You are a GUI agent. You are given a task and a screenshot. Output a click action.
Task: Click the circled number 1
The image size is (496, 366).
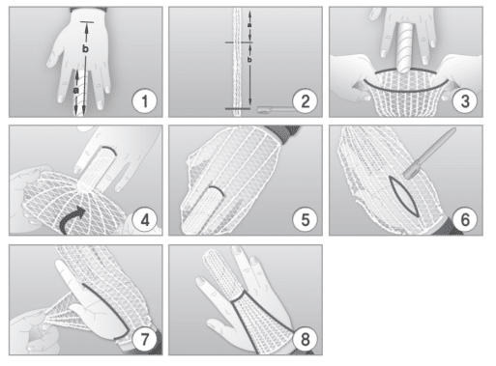144,101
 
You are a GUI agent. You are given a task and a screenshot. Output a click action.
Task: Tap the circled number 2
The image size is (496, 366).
305,101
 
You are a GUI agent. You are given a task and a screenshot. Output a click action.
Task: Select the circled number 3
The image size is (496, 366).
465,101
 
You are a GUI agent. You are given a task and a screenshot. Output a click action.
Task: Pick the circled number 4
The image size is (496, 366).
145,220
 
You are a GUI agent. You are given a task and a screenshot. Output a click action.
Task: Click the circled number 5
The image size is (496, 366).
305,220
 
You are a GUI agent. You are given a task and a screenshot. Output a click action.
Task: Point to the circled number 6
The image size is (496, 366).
465,220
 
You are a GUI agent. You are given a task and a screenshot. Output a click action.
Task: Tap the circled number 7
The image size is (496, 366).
144,339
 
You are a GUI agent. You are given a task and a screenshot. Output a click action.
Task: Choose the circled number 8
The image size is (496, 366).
305,339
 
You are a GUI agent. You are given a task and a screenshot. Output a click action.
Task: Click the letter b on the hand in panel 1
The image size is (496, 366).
85,49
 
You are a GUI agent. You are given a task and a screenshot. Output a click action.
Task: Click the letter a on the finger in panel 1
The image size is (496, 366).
76,91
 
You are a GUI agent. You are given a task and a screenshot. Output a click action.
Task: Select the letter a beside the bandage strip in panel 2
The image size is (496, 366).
249,25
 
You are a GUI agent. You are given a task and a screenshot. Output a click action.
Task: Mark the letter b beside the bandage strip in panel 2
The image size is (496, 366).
249,59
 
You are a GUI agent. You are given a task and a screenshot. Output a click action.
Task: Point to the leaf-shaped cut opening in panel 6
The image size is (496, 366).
403,196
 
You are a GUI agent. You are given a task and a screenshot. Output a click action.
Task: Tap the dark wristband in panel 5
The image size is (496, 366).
288,133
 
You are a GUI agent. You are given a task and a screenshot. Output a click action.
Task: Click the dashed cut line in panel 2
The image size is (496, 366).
239,42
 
